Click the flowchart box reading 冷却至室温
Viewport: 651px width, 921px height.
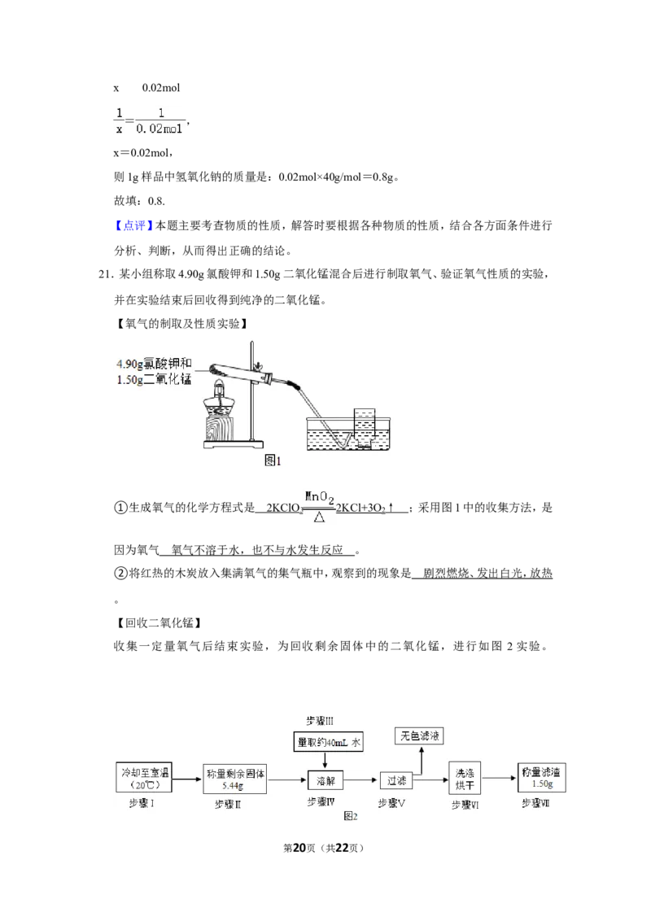point(145,778)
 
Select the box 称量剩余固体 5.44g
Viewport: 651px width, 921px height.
point(235,779)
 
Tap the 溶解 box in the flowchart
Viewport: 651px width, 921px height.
point(325,780)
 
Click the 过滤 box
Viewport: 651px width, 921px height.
point(396,780)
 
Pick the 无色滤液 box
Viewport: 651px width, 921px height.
point(420,735)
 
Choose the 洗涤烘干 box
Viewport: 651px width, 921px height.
point(465,779)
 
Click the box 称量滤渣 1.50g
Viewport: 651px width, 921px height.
point(542,778)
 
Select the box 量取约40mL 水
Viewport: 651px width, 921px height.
point(329,742)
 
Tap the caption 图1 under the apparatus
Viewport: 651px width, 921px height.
point(273,461)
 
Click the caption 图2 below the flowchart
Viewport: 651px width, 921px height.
point(351,816)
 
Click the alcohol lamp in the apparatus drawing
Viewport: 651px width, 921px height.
point(219,399)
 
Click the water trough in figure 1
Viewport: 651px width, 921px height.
point(348,434)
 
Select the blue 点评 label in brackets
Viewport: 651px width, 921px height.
point(134,225)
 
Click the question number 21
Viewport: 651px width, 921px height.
point(105,274)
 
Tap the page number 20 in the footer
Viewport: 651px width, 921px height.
point(299,848)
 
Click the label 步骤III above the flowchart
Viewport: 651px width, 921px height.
point(320,721)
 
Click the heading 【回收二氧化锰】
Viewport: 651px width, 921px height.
point(159,622)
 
